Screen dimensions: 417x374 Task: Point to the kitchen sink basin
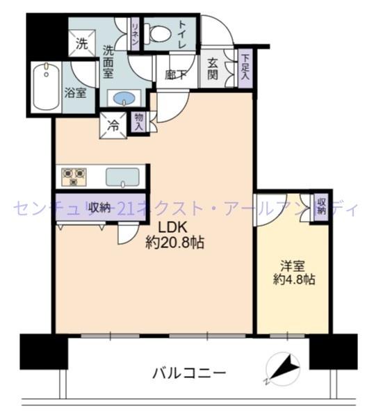(125, 177)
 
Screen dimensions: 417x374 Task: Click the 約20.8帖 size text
(174, 244)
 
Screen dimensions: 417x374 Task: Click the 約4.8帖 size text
(293, 280)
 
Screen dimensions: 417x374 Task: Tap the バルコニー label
(189, 373)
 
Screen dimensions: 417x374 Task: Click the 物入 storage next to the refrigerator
(139, 123)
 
